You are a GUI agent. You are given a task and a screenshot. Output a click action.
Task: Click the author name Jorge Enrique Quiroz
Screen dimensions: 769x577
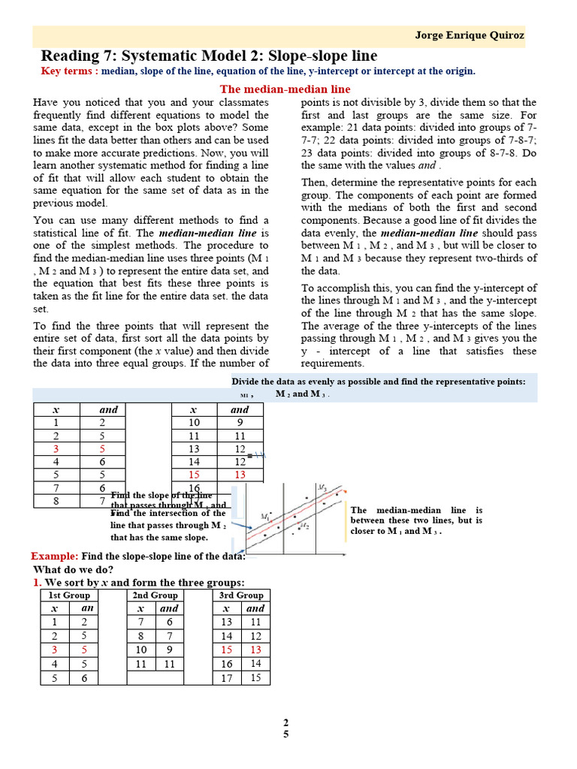click(470, 35)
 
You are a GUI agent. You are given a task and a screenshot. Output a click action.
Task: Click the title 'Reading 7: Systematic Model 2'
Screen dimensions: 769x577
click(209, 56)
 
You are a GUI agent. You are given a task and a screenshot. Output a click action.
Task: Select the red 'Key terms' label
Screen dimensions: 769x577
click(68, 71)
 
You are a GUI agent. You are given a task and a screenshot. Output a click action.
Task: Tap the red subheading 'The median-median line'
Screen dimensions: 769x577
click(285, 89)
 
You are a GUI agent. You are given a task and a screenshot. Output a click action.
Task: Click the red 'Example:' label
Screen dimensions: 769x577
click(54, 556)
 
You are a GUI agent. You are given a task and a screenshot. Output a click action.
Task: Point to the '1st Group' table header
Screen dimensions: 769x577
click(69, 595)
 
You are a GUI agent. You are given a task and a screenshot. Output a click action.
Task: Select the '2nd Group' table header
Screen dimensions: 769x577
click(155, 595)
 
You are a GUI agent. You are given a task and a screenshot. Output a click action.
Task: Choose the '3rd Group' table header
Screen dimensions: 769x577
click(240, 595)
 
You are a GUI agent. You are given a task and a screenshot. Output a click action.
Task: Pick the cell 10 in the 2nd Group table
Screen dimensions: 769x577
click(140, 650)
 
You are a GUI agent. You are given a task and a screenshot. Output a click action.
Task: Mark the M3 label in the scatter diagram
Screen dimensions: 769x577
click(322, 488)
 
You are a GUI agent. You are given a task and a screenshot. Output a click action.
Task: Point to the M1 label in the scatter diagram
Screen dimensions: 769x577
click(265, 517)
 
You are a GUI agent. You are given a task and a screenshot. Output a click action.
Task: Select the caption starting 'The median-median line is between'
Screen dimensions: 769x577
click(416, 520)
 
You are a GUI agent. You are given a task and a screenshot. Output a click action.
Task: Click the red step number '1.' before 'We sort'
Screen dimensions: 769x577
click(37, 582)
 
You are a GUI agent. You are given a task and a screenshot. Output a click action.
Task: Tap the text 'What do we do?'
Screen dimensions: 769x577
click(72, 569)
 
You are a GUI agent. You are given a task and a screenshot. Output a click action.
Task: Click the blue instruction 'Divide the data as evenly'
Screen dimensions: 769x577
click(378, 381)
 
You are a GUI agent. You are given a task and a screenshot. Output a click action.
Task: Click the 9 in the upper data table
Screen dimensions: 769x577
click(240, 422)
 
